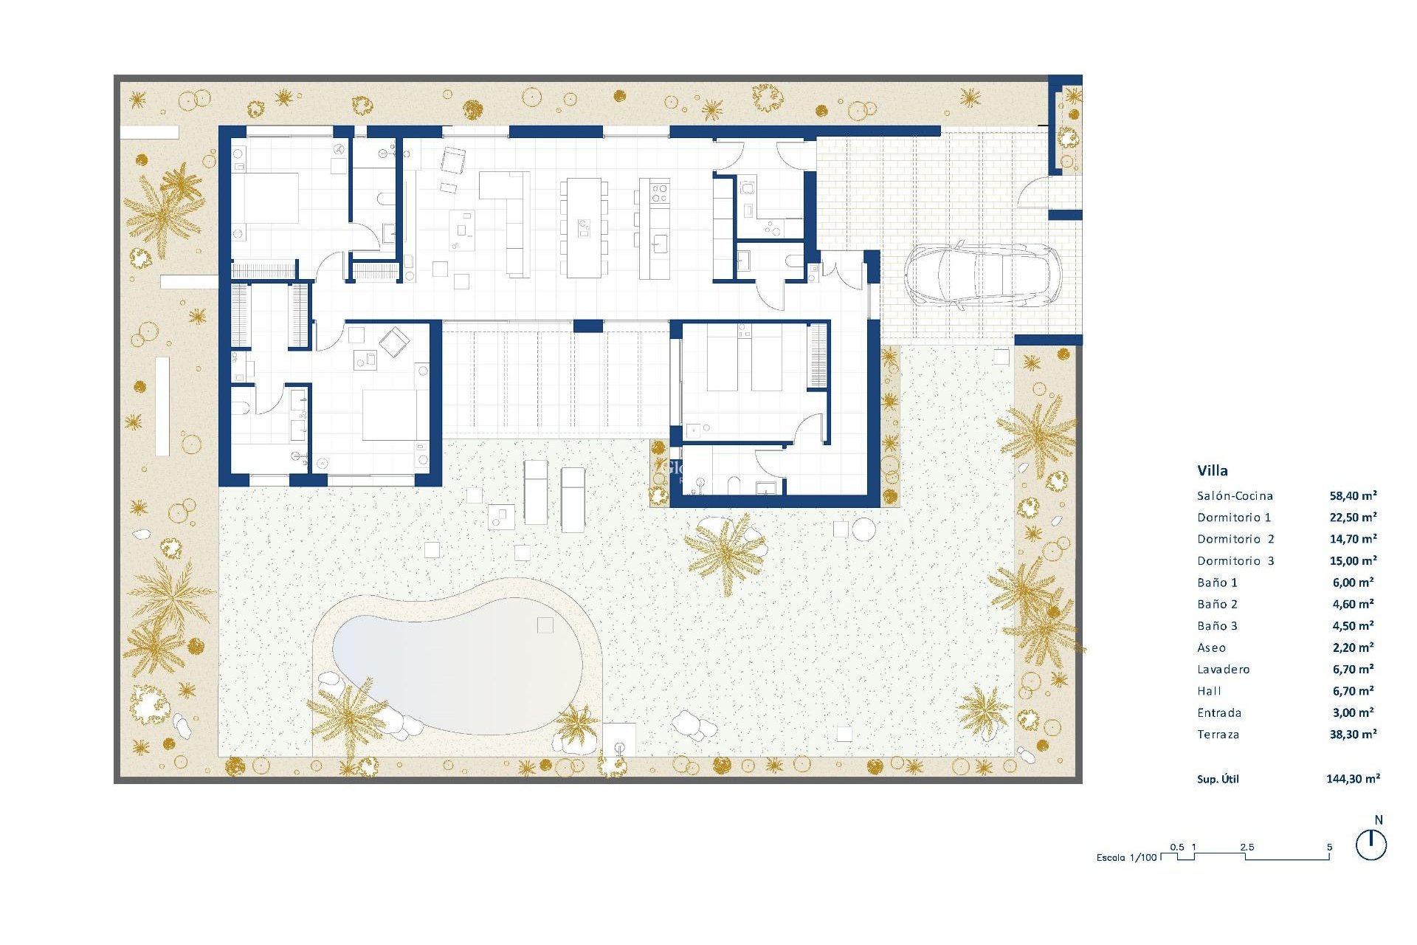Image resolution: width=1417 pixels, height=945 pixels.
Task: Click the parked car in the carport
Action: coord(982,275)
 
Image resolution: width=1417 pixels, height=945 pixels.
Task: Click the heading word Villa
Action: coord(1213,470)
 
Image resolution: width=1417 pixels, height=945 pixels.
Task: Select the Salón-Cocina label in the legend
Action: coord(1235,496)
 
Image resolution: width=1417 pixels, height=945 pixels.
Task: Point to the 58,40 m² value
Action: coord(1353,496)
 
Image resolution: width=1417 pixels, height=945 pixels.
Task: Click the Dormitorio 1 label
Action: coord(1234,518)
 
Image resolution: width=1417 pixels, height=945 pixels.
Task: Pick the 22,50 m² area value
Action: coord(1353,518)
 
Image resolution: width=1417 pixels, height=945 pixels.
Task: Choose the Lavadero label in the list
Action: coord(1224,670)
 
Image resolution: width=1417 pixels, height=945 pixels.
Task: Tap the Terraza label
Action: coord(1218,735)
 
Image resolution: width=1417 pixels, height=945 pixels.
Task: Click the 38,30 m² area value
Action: coord(1353,735)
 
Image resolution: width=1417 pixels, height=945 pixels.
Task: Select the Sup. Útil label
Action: coord(1218,779)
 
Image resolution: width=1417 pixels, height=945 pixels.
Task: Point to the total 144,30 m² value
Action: coord(1353,778)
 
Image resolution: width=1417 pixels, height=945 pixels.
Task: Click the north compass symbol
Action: coord(1371,845)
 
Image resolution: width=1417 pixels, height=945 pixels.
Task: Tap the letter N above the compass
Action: coord(1379,820)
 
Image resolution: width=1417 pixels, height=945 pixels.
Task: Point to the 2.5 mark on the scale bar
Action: coord(1247,847)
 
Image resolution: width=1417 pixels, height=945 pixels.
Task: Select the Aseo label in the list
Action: coord(1211,648)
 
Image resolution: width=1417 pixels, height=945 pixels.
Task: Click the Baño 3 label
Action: coord(1217,626)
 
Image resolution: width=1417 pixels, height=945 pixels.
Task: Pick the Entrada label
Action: coord(1219,713)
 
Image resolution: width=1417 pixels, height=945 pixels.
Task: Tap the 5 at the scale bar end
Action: coord(1329,847)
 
